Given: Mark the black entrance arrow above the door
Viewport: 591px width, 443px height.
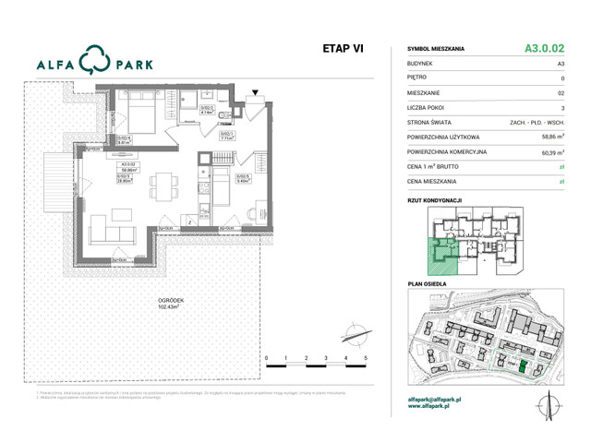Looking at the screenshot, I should [x=257, y=92].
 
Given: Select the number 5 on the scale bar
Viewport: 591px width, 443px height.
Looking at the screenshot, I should [x=367, y=357].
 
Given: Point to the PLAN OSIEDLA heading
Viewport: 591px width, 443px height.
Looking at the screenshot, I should [x=427, y=284].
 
